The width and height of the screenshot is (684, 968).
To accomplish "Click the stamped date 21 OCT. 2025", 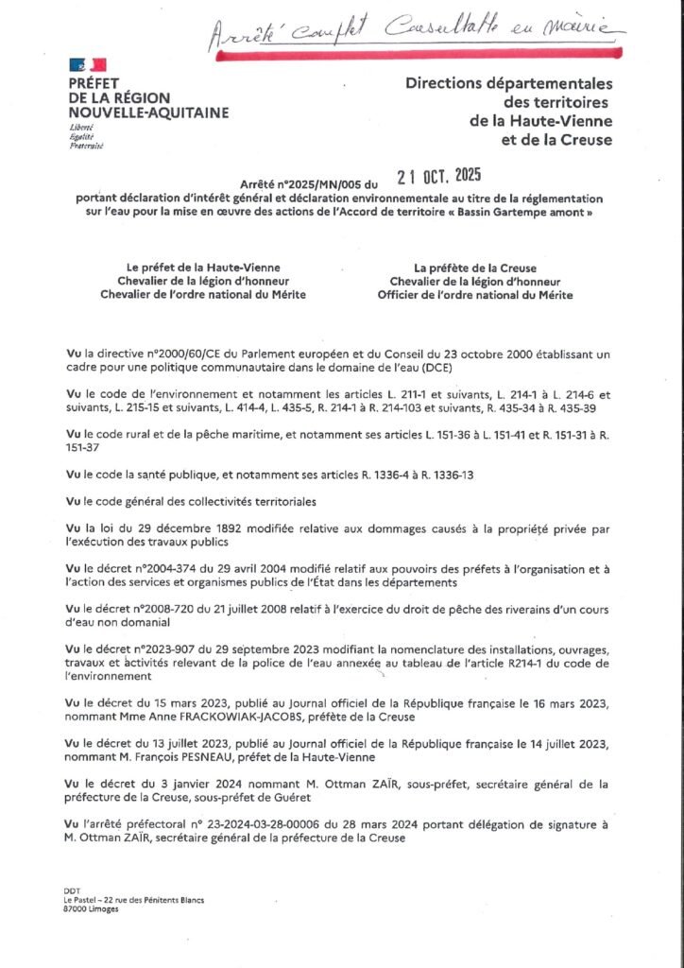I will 439,176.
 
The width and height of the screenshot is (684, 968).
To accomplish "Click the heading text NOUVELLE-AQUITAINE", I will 148,112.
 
